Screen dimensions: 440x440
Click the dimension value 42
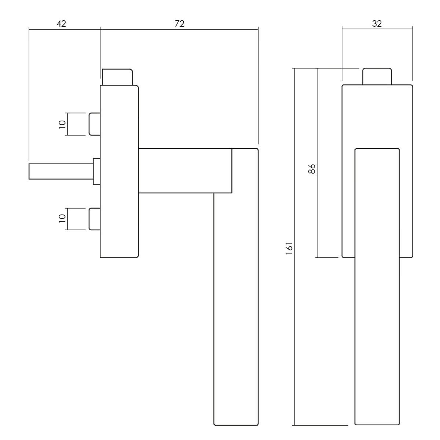(x=61, y=23)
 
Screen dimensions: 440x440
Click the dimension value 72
(x=179, y=23)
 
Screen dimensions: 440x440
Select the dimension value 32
(x=377, y=23)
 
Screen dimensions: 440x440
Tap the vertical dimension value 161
(x=289, y=248)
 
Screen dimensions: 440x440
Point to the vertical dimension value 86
(x=312, y=169)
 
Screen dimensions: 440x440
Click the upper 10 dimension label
(x=62, y=124)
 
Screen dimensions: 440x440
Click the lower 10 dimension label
(x=62, y=219)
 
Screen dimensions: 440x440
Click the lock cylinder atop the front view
(x=377, y=77)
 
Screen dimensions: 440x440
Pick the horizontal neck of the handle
(x=185, y=170)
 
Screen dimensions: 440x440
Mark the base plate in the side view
(x=119, y=220)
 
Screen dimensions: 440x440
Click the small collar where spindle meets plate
(x=97, y=171)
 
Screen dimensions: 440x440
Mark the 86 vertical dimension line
(x=318, y=220)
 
